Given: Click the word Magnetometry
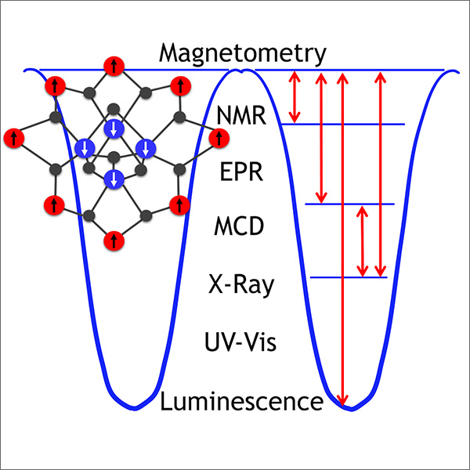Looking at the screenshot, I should click(241, 54).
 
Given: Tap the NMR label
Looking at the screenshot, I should click(241, 118).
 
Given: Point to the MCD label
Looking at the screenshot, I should click(239, 228).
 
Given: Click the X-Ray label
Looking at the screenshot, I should click(241, 284).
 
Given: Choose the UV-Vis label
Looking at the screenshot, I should click(240, 343).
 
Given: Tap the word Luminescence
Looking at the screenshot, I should click(241, 402).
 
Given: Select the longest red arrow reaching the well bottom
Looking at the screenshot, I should click(342, 235).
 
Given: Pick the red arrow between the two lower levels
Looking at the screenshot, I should click(362, 241).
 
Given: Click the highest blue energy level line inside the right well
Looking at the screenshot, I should click(345, 124).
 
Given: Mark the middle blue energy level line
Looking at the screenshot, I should click(349, 204).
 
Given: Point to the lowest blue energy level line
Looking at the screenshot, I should click(349, 277).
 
